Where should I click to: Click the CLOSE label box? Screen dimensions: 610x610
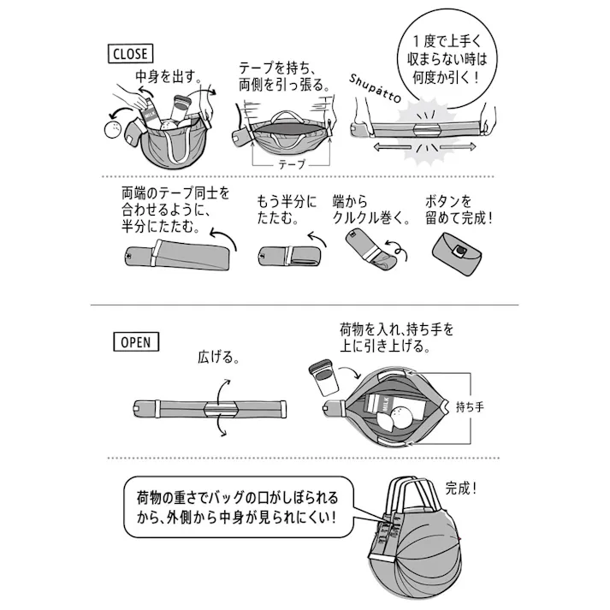pyautogui.click(x=130, y=54)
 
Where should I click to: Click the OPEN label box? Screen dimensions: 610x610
pyautogui.click(x=133, y=341)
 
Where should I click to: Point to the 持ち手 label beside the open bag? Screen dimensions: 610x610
pyautogui.click(x=469, y=406)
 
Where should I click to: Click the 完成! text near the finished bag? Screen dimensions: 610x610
pyautogui.click(x=461, y=489)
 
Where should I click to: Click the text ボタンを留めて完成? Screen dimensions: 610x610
pyautogui.click(x=459, y=210)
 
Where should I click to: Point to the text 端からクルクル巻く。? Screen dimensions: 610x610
pyautogui.click(x=369, y=210)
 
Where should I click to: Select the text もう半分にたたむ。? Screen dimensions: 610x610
pyautogui.click(x=287, y=210)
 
